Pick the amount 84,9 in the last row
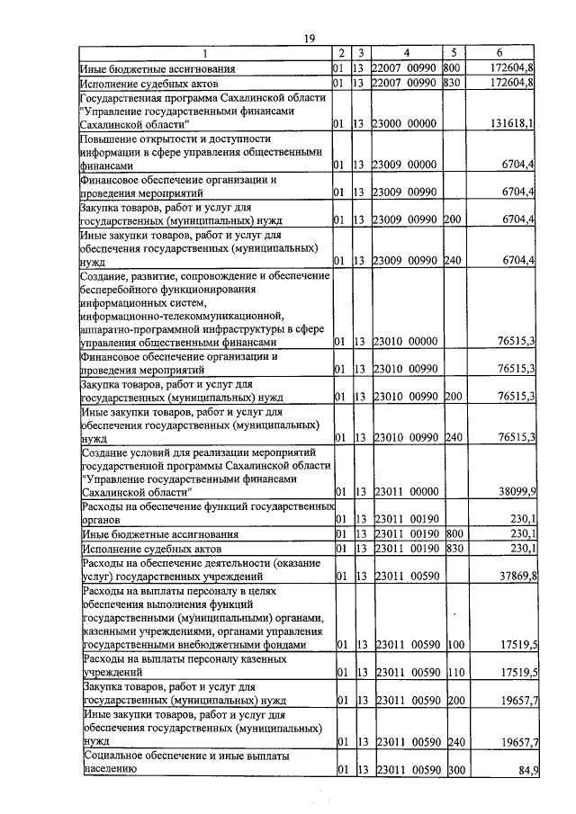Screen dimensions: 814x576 tap(525, 770)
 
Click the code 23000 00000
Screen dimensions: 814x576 tap(405, 123)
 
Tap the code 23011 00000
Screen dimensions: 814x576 tap(405, 492)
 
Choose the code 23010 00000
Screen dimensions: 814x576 tap(405, 342)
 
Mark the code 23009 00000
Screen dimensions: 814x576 tap(405, 165)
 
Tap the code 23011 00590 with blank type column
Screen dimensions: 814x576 tap(405, 576)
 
